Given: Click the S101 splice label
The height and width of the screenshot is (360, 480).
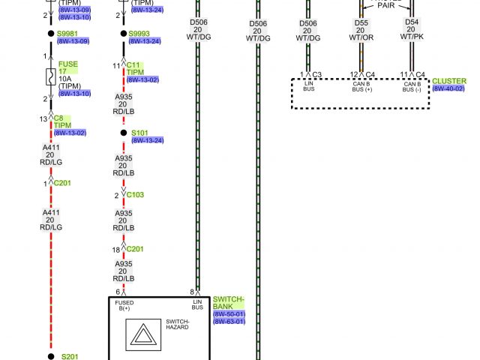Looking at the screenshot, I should click(140, 133).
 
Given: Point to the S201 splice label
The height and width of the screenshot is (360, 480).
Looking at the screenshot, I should click(70, 356).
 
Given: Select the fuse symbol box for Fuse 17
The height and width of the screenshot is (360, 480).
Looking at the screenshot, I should click(51, 76).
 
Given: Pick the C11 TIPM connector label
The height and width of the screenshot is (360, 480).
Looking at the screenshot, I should click(135, 68).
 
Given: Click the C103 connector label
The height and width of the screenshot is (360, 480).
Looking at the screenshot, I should click(135, 195).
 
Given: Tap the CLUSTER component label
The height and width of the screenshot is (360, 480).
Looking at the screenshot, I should click(448, 80).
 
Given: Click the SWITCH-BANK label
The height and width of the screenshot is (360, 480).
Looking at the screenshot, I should click(228, 302).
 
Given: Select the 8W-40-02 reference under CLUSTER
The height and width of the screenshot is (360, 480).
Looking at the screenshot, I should click(448, 88).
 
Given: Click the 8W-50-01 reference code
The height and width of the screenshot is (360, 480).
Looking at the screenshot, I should click(229, 314).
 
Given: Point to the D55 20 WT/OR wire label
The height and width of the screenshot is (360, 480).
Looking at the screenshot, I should click(361, 31).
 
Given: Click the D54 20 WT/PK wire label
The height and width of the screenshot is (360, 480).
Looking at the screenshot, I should click(412, 31).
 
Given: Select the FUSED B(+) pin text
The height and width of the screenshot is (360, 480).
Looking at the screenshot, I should click(124, 305).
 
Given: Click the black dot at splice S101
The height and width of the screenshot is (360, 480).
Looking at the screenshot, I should click(124, 133).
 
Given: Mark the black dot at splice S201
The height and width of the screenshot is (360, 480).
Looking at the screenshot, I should click(51, 355).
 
